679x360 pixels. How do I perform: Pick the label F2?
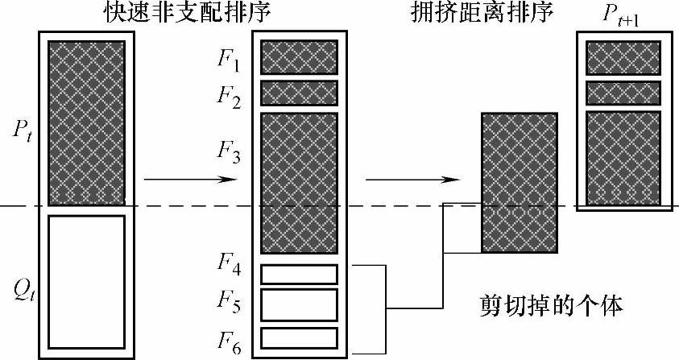tap(230, 94)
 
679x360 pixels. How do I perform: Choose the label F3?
tap(230, 151)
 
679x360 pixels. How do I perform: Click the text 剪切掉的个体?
tap(550, 306)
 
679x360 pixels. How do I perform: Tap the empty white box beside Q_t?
tap(86, 280)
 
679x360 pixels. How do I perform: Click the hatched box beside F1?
tap(298, 57)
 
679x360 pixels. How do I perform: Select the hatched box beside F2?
tap(298, 93)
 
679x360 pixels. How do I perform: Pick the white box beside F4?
tap(298, 274)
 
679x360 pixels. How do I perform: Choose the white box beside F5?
tap(298, 305)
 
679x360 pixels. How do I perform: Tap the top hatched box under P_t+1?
tap(623, 58)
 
